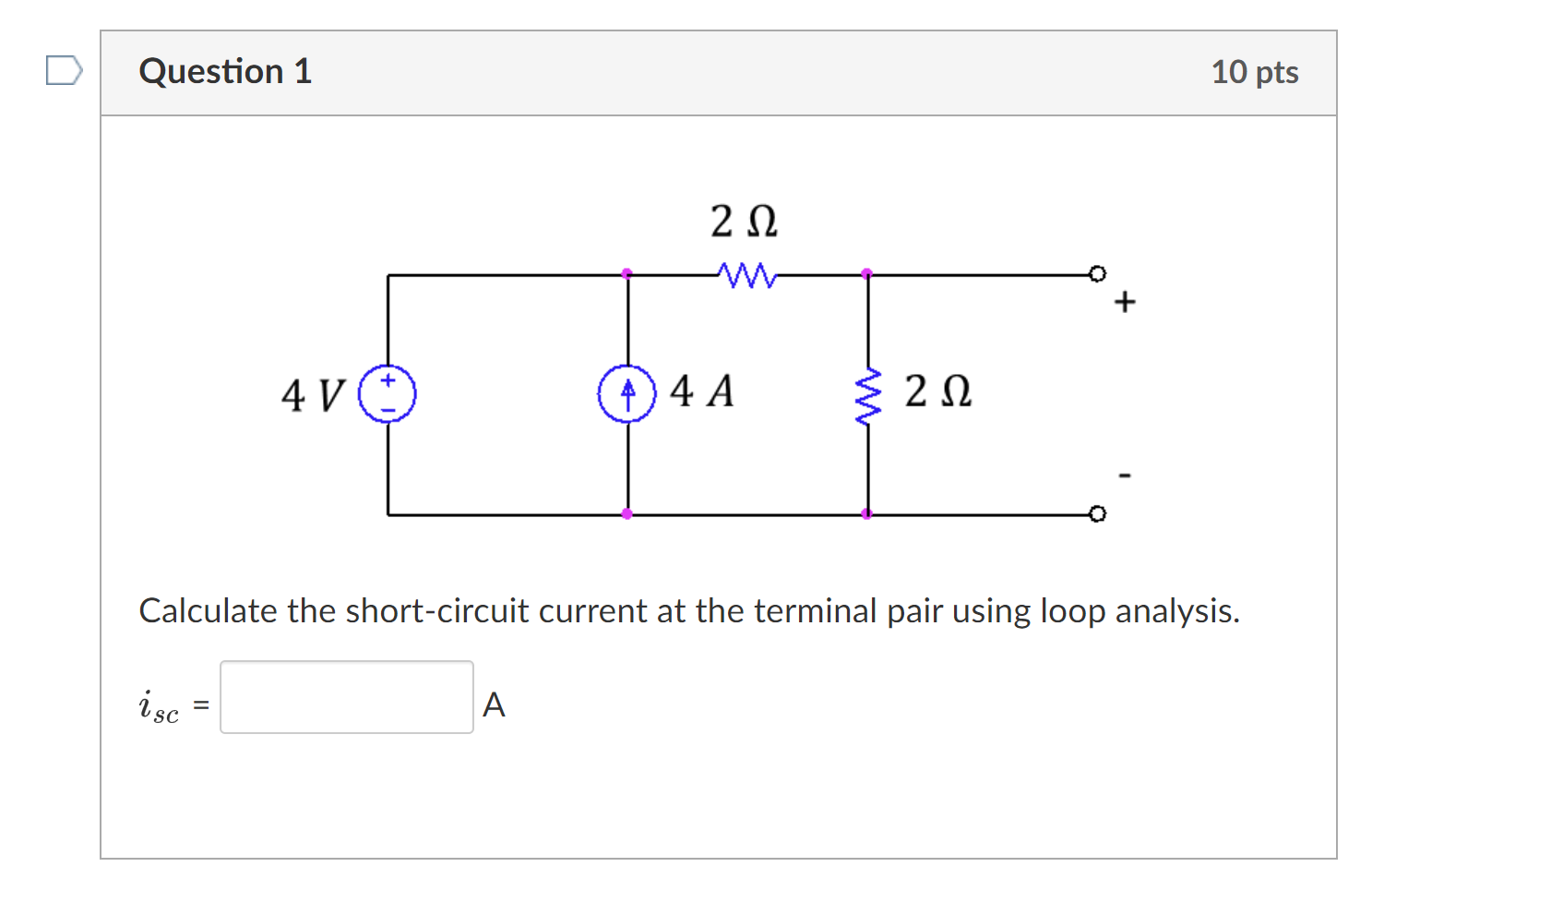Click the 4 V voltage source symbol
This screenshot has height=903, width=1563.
[x=388, y=394]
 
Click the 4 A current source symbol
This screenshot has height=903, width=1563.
[x=627, y=394]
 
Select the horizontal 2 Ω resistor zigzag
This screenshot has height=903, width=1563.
[x=746, y=274]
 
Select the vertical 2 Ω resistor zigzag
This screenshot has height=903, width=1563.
[x=867, y=396]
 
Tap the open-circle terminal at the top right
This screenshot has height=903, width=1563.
[x=1097, y=273]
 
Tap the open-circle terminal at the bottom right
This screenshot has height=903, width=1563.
[x=1097, y=513]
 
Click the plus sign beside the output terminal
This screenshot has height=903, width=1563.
[x=1125, y=302]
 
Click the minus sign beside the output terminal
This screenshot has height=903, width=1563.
[x=1125, y=476]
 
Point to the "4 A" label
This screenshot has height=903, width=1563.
[x=702, y=391]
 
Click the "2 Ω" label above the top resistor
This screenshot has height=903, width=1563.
[x=744, y=222]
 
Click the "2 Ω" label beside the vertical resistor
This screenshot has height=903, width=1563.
[x=937, y=391]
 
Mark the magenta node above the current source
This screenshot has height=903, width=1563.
[x=627, y=273]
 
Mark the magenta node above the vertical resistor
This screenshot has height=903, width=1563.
[x=867, y=273]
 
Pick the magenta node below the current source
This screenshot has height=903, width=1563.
[x=627, y=513]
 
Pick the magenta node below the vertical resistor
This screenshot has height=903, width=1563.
[x=867, y=513]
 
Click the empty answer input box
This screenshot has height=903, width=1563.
[x=347, y=697]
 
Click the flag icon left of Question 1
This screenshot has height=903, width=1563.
[x=64, y=70]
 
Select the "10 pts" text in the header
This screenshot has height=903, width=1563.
[x=1255, y=72]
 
